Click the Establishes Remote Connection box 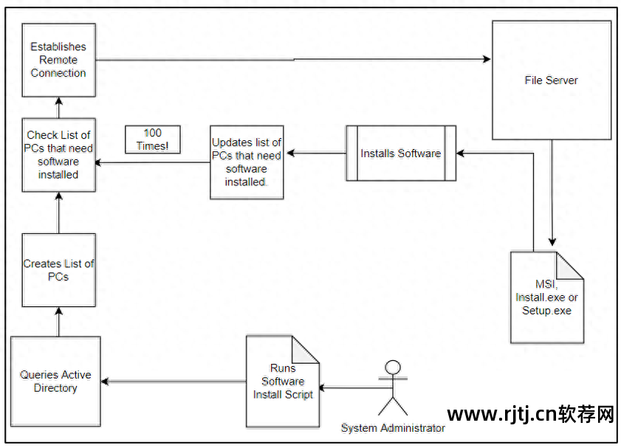[58, 60]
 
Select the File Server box [551, 80]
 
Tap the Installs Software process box [401, 154]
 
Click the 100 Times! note [152, 139]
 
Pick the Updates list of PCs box [247, 162]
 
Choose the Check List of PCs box [58, 155]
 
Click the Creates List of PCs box [58, 270]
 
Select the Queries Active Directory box [55, 382]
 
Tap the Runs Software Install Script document [283, 382]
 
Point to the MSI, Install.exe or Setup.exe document [546, 297]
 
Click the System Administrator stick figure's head [393, 368]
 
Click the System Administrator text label [393, 428]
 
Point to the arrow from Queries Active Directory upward [58, 322]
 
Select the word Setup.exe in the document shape [546, 311]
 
